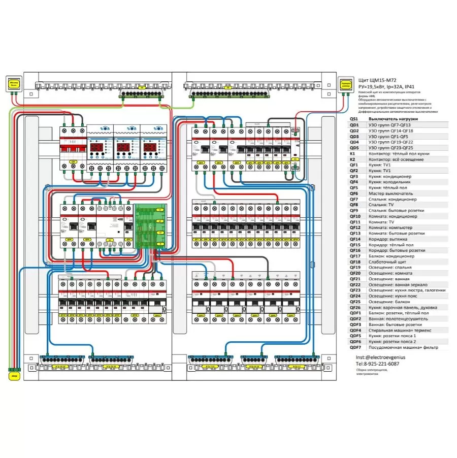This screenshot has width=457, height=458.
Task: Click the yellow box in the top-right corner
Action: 346,85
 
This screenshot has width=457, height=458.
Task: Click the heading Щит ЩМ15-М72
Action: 376,80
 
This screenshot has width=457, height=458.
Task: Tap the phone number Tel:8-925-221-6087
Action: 377,364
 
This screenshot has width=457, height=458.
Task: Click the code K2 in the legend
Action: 352,159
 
